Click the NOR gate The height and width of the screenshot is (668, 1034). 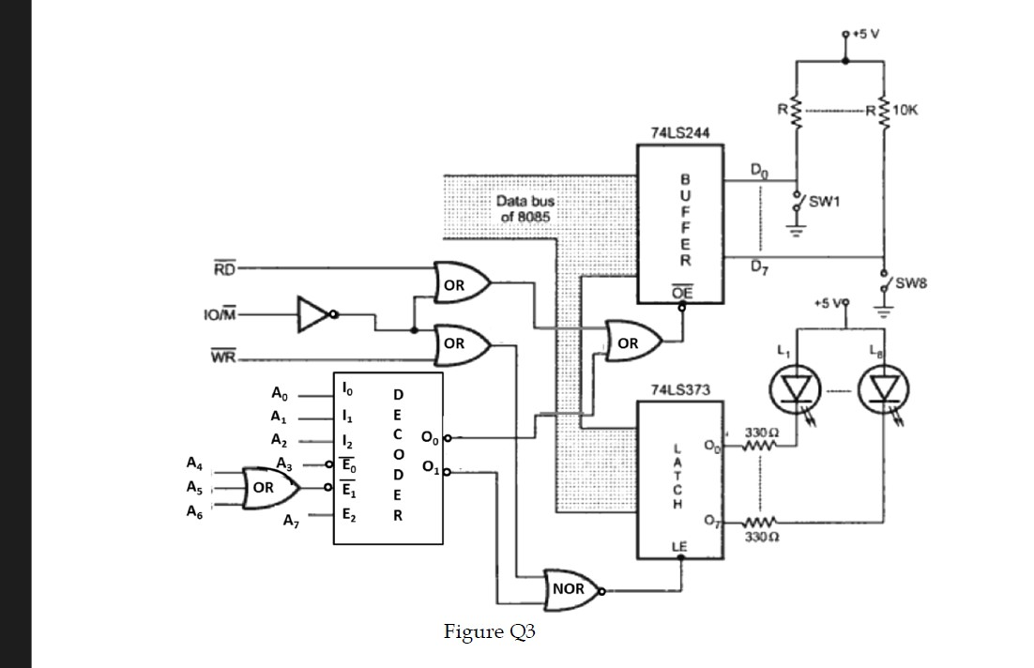coord(570,589)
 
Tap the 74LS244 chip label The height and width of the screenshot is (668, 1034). coord(679,134)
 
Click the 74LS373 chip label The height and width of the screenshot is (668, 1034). coord(679,388)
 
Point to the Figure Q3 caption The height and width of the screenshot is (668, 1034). coord(489,631)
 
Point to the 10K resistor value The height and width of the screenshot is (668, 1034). coord(905,110)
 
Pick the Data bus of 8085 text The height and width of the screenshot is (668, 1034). coord(525,208)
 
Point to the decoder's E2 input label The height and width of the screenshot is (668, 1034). coord(347,514)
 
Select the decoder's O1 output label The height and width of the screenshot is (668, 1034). coord(431,467)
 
